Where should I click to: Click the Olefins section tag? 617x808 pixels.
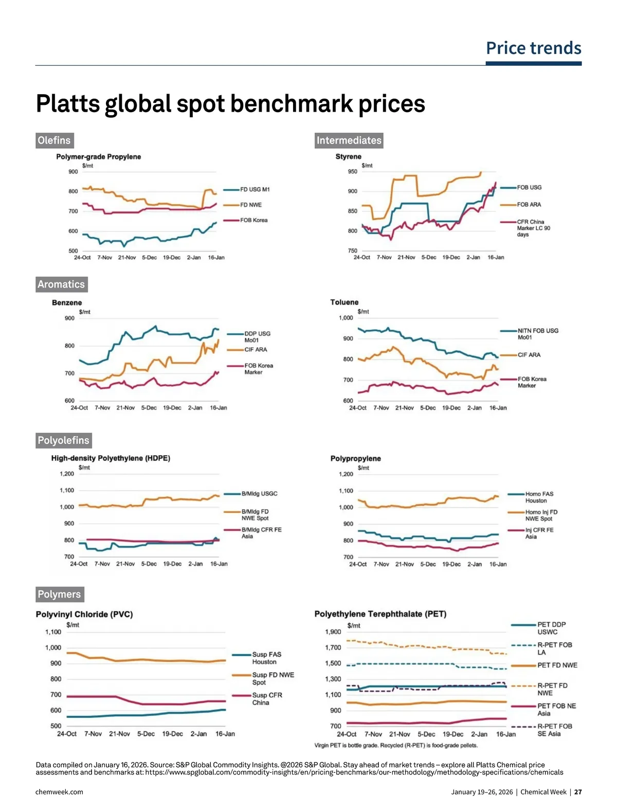pyautogui.click(x=54, y=140)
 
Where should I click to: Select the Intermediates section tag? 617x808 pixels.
pyautogui.click(x=349, y=140)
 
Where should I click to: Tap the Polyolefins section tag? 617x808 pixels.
pyautogui.click(x=63, y=440)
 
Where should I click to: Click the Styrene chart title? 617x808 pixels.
pyautogui.click(x=348, y=156)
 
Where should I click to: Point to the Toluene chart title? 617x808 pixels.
pyautogui.click(x=344, y=302)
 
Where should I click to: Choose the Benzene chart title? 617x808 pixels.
pyautogui.click(x=67, y=303)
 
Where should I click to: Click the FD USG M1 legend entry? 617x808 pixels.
pyautogui.click(x=255, y=190)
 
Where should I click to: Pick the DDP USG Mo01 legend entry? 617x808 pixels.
pyautogui.click(x=257, y=337)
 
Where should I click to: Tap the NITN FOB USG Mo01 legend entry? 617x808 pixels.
pyautogui.click(x=537, y=334)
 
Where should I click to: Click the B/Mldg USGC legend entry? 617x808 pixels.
pyautogui.click(x=259, y=494)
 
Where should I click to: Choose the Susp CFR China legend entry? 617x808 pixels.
pyautogui.click(x=267, y=698)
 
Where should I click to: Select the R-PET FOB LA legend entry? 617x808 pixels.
pyautogui.click(x=554, y=649)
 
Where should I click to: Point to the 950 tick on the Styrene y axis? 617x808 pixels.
pyautogui.click(x=352, y=172)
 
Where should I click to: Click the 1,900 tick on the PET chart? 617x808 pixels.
pyautogui.click(x=333, y=632)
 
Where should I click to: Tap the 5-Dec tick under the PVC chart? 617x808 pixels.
pyautogui.click(x=146, y=734)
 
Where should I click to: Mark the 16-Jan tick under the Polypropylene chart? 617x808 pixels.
pyautogui.click(x=498, y=564)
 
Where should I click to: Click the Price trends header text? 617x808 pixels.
pyautogui.click(x=533, y=48)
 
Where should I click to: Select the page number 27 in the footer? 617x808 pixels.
pyautogui.click(x=578, y=792)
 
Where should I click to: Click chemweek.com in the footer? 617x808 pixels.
pyautogui.click(x=59, y=792)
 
